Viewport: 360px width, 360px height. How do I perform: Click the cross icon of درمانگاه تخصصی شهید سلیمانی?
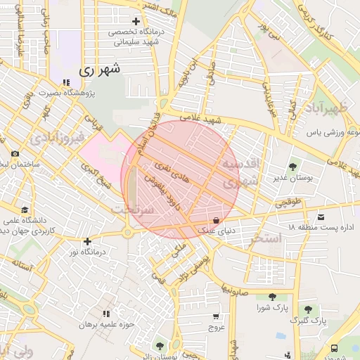[135, 22]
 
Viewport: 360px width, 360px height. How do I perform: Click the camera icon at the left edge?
[15, 153]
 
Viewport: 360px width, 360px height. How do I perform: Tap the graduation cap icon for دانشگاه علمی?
[25, 210]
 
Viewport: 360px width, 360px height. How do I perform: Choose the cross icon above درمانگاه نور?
[87, 241]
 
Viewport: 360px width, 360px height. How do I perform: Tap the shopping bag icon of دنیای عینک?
[224, 219]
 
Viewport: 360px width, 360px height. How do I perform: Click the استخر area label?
[266, 239]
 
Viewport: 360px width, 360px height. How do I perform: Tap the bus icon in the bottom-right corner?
[334, 347]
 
